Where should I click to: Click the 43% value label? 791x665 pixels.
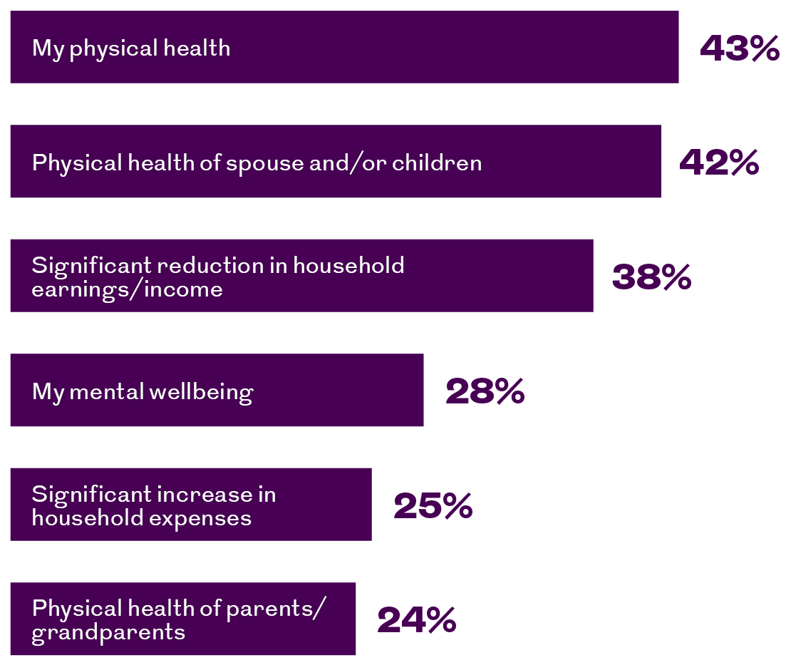740,48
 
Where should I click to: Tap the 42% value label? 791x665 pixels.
719,163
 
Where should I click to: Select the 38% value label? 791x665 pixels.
651,277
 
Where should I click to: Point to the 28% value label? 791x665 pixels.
485,391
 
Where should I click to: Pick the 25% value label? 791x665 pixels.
433,505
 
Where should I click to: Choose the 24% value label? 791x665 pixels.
417,619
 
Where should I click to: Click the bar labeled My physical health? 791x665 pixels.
345,47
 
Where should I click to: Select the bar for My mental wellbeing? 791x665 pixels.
217,390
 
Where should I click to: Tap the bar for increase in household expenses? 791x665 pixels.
191,505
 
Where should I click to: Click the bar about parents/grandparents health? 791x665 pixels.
183,619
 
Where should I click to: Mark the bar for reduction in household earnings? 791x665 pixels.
301,276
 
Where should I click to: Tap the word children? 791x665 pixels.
437,163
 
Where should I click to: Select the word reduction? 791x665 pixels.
210,265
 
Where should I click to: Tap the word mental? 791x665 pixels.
106,391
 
